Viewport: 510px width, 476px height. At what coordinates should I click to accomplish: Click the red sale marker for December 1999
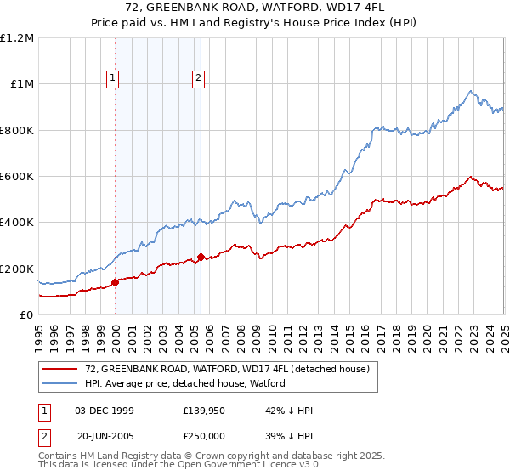click(x=116, y=283)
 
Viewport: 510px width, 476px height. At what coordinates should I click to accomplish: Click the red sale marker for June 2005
click(x=201, y=257)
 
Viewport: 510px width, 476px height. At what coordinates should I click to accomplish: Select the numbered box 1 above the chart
click(x=113, y=79)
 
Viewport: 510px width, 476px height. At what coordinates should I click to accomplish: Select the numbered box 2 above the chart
click(x=198, y=79)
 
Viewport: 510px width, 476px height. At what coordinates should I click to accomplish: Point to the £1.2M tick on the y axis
click(x=17, y=38)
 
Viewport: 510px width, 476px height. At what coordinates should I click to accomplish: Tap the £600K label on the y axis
click(x=17, y=177)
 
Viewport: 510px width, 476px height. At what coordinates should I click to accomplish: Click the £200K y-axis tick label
click(x=17, y=269)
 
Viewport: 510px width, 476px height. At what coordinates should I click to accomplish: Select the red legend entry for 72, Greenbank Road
click(x=227, y=370)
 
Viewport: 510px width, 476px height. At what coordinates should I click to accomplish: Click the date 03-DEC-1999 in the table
click(x=104, y=411)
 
